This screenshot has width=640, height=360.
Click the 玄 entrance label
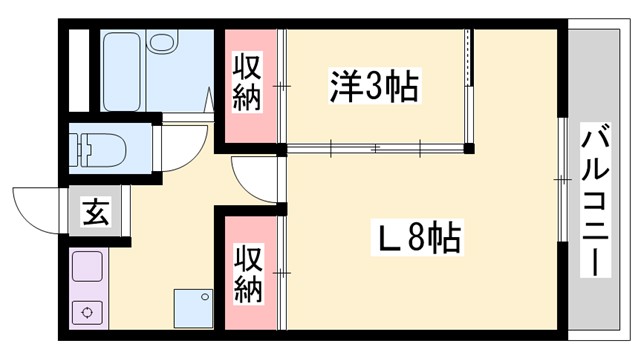[96, 214]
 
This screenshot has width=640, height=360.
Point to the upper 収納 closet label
[250, 83]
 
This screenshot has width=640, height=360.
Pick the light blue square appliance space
[193, 308]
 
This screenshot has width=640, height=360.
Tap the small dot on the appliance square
[206, 295]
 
